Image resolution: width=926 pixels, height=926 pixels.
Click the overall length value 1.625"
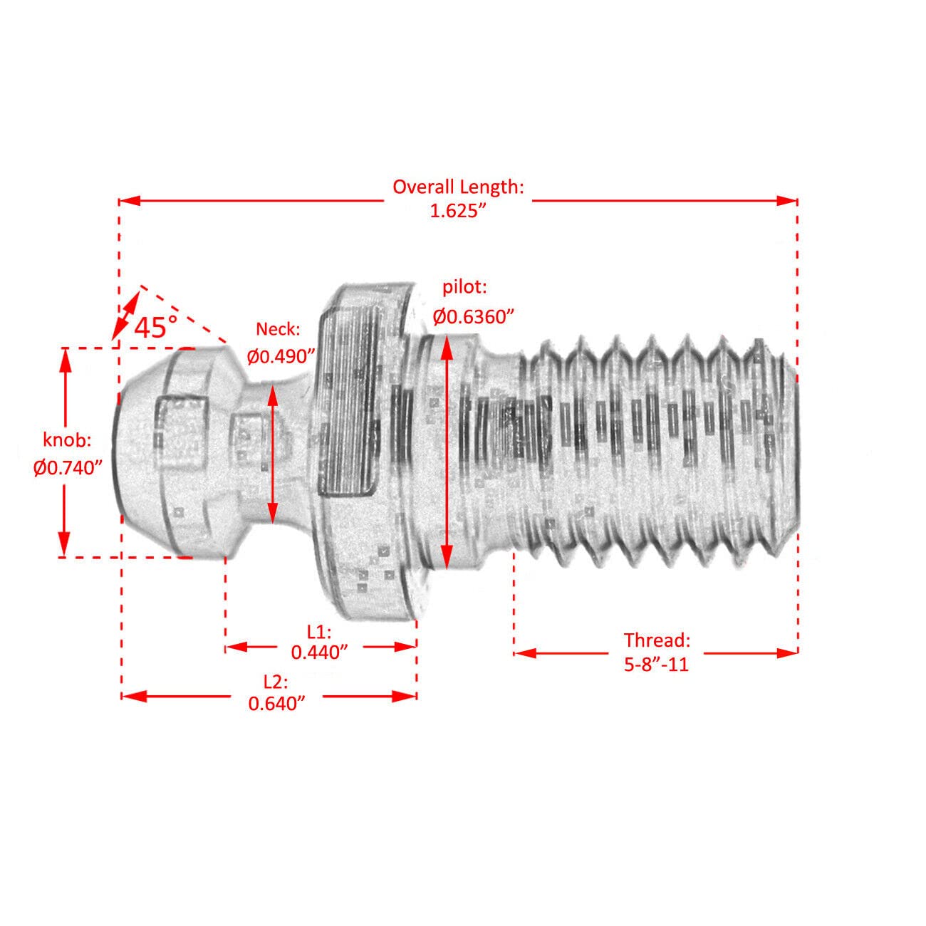tap(458, 212)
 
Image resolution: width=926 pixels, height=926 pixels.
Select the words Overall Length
tap(458, 187)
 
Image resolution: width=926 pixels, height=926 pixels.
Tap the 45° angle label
tap(155, 327)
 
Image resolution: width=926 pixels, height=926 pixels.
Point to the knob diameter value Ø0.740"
tap(68, 468)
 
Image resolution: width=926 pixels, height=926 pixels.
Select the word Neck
tap(279, 329)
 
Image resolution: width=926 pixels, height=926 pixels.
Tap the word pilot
tap(464, 288)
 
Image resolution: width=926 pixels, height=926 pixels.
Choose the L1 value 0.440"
tap(319, 652)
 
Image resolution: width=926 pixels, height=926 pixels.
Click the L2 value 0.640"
tap(277, 703)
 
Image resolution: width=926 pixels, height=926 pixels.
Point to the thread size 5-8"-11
tap(657, 665)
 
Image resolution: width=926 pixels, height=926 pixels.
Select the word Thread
tap(657, 639)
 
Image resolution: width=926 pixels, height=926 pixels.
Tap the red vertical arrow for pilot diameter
tap(447, 452)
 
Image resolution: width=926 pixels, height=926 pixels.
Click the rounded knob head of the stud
tap(171, 452)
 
